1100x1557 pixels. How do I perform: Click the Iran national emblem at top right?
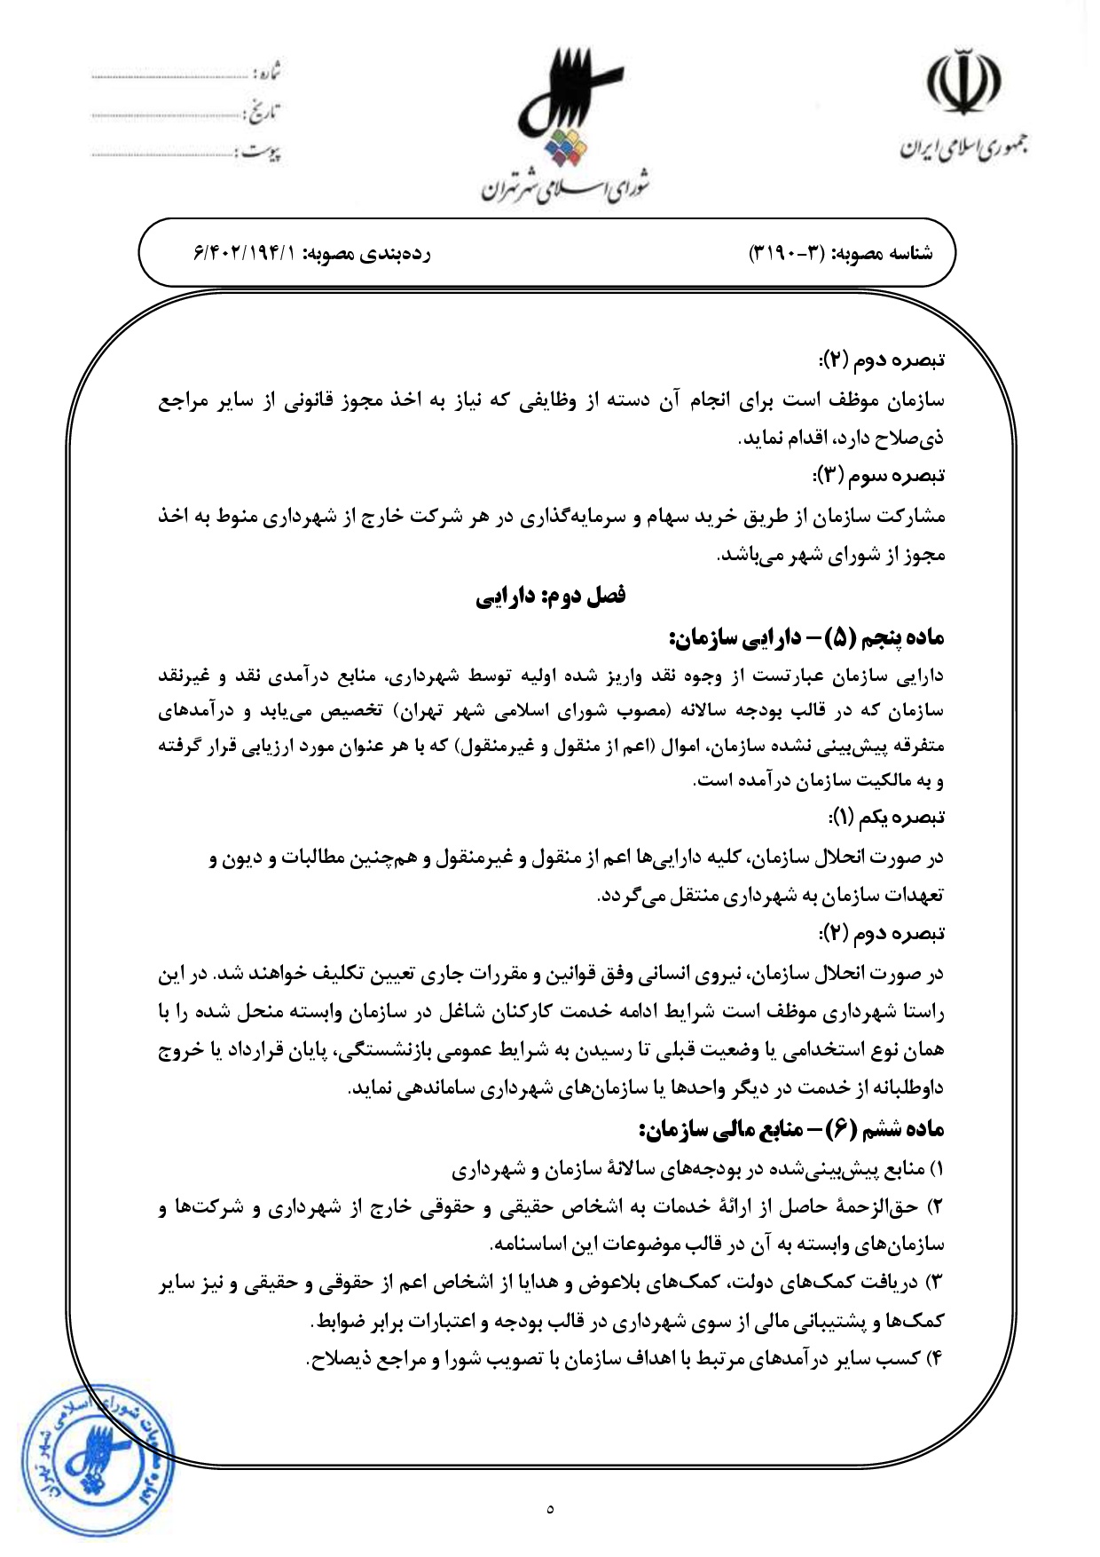click(x=963, y=81)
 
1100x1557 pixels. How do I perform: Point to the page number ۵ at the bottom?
click(x=550, y=1508)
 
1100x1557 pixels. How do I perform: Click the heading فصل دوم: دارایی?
click(x=550, y=596)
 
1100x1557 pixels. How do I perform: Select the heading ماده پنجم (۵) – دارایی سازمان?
click(x=807, y=637)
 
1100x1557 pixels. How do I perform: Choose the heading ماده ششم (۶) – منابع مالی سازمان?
click(x=791, y=1129)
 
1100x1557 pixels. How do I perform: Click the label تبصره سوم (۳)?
click(x=879, y=475)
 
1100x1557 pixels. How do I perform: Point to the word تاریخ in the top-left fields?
click(x=263, y=113)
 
